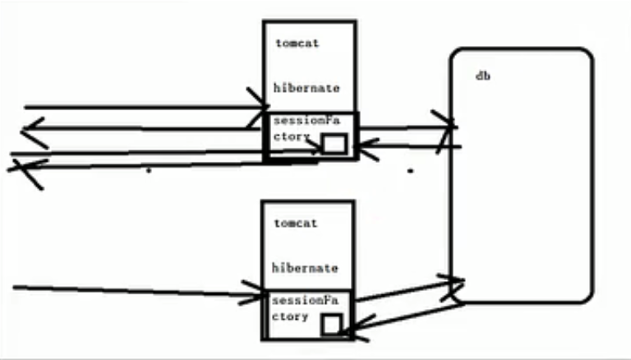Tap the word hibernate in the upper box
(306, 87)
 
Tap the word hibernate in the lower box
(305, 268)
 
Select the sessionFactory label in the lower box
(305, 307)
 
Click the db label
(483, 76)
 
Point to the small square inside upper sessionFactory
(334, 145)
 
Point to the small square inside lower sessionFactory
(331, 324)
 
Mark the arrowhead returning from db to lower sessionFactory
(352, 330)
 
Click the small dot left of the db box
(410, 172)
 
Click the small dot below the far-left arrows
(148, 172)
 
